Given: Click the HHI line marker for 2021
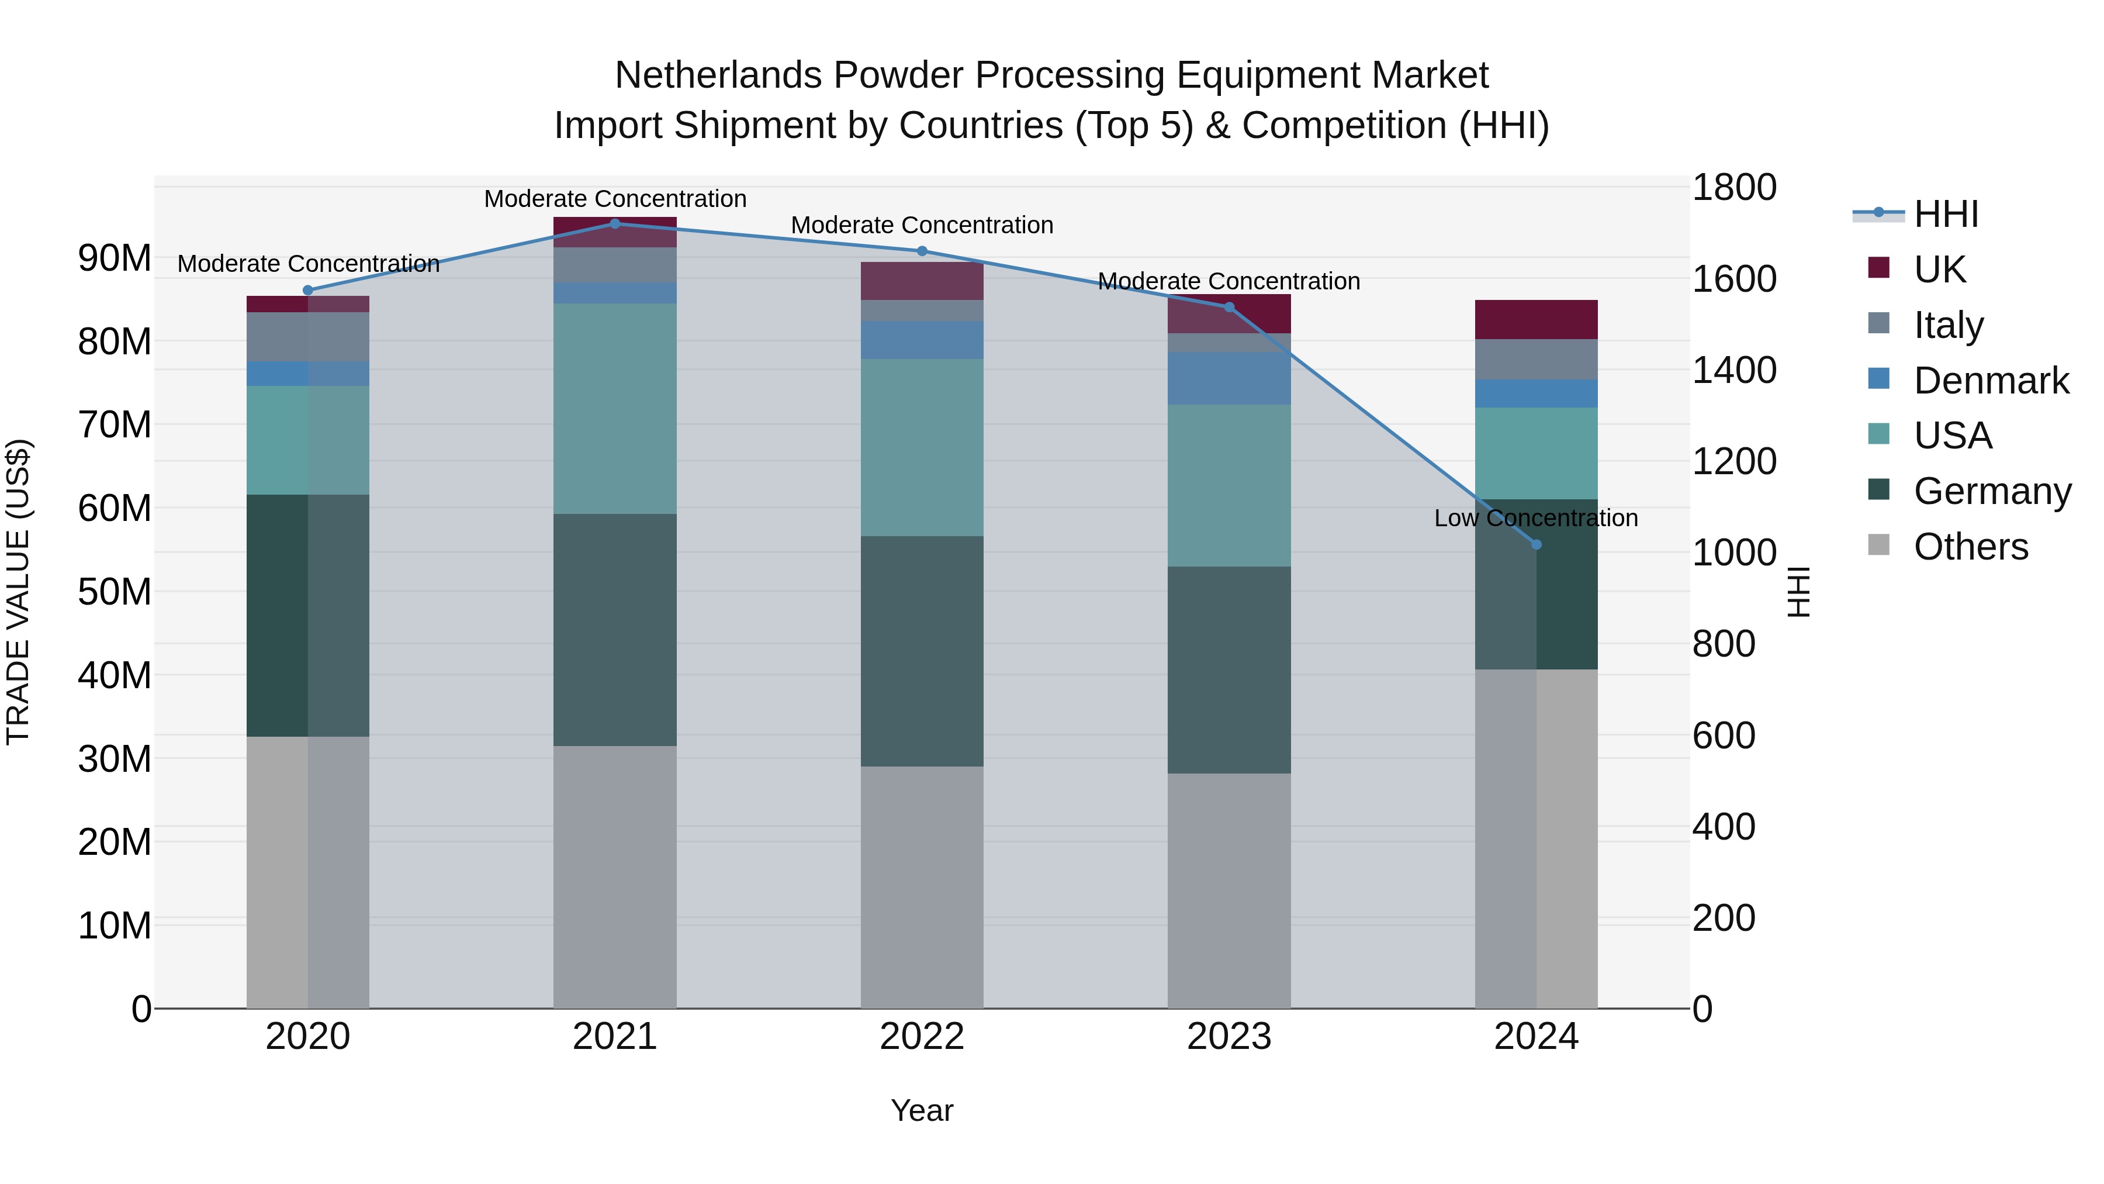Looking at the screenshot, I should tap(615, 224).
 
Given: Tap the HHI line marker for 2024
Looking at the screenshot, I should tap(1537, 544).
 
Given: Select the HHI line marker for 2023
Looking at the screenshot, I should tap(1229, 307).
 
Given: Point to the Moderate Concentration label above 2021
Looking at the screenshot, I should tap(615, 199).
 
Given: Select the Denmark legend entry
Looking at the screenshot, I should tap(1991, 381).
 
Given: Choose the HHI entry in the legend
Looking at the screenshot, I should tap(1946, 214).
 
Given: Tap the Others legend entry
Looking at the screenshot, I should tap(1970, 547).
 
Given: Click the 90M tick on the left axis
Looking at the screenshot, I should tap(115, 258).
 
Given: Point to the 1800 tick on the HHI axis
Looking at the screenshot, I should tap(1733, 187).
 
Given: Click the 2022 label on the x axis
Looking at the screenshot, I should tap(922, 1037).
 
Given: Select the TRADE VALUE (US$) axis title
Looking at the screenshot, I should tap(18, 592).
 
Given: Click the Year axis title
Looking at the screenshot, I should tap(922, 1110).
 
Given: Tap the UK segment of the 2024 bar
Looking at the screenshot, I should tap(1537, 319).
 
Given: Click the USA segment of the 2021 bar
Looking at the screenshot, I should tap(615, 409).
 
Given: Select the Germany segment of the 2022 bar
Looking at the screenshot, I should tap(922, 651).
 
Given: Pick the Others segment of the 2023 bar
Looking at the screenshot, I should tap(1229, 890).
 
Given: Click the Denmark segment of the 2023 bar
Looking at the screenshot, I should tap(1229, 378).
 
